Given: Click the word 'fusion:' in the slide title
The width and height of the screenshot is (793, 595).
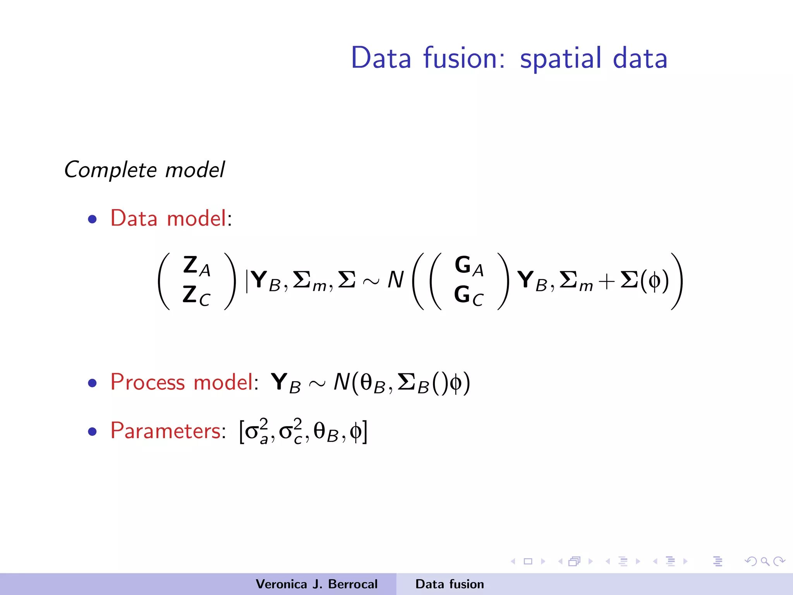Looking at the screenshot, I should point(464,58).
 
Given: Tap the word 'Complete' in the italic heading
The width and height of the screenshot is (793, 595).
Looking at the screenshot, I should point(110,170).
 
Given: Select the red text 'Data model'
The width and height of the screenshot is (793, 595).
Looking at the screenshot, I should point(168,218).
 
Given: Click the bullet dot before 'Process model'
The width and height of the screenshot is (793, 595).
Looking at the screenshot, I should point(92,383).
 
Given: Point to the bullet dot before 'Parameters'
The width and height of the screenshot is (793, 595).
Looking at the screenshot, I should point(92,431).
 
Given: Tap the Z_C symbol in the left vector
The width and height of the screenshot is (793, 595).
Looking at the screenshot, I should point(196,295).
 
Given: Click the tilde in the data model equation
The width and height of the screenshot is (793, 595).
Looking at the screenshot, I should point(371,281).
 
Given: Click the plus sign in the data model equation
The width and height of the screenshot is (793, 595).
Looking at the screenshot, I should point(606,281).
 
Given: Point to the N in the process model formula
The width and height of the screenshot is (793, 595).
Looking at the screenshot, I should point(342,382).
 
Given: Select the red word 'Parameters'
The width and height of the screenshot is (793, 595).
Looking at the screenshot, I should point(165,430).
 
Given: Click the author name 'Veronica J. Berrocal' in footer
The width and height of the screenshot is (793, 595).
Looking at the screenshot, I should point(316,584).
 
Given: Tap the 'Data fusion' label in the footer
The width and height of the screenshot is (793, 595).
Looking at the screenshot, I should point(450,584).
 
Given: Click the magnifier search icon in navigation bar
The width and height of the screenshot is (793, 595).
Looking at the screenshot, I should point(765,561).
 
